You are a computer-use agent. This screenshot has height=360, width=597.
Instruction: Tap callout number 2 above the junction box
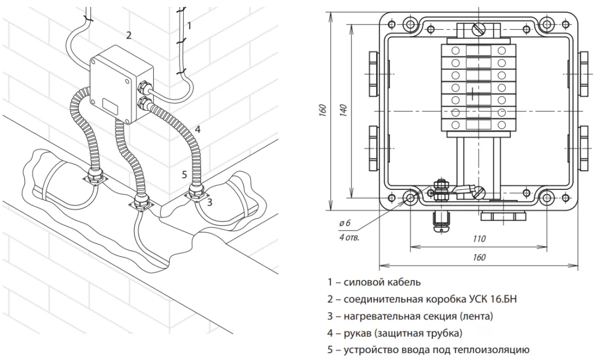tap(128, 35)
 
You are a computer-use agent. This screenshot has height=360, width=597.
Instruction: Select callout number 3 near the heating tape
tap(209, 202)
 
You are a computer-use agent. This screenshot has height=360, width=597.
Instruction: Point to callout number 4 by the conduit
tap(198, 129)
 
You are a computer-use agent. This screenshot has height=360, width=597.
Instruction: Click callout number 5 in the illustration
tap(184, 174)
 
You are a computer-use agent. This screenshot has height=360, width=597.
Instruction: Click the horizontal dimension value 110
tap(480, 239)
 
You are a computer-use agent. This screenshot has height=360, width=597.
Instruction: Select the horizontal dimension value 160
tap(479, 257)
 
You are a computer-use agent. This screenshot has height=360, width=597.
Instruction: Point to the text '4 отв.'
tap(349, 238)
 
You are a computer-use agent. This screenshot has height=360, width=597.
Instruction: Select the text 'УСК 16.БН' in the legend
tap(491, 299)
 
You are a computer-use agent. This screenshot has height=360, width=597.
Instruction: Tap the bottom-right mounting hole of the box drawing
tap(547, 197)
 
